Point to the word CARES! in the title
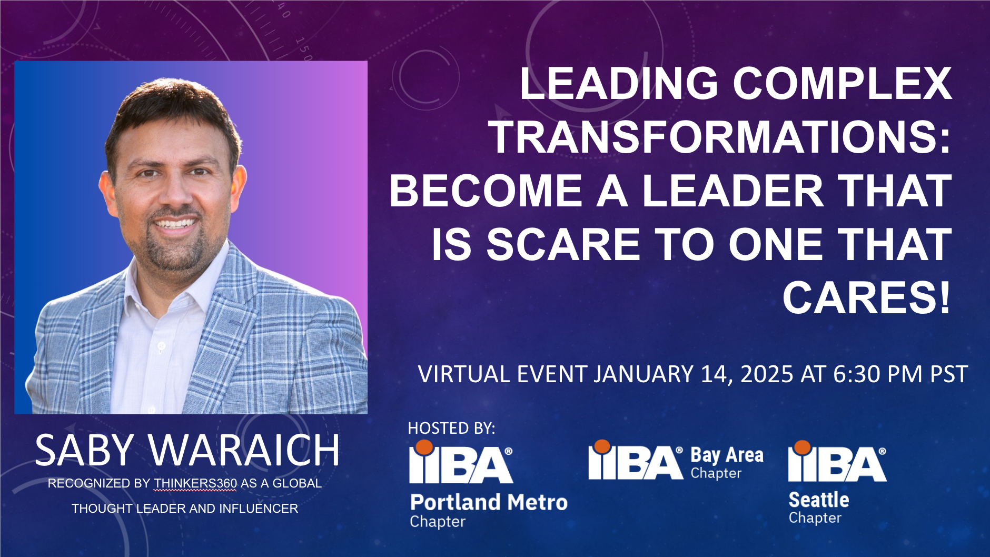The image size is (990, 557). tap(867, 298)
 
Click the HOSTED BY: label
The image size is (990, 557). tap(451, 428)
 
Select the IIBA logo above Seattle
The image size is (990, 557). tap(837, 461)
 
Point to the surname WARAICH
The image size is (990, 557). tap(244, 450)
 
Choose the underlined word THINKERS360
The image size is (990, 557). tap(195, 483)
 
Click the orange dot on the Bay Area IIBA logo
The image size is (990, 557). tap(602, 447)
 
